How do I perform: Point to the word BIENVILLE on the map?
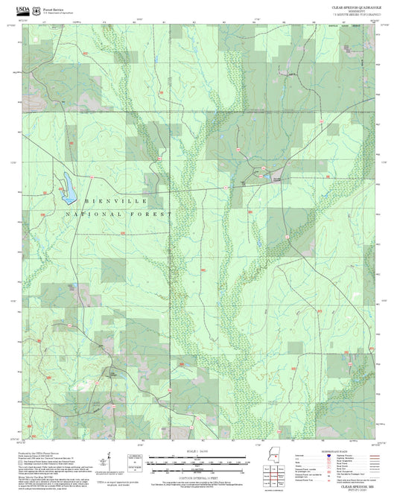pos(115,202)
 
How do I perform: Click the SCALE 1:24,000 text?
pos(197,453)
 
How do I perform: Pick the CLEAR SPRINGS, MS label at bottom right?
pos(355,484)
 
